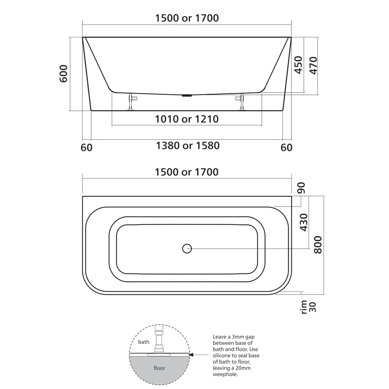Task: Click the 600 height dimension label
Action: click(x=64, y=74)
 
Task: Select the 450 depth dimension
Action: click(x=298, y=65)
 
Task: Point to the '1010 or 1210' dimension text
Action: click(x=187, y=119)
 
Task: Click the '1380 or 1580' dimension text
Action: click(x=187, y=146)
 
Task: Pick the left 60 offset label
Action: click(x=87, y=147)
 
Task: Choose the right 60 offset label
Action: click(x=286, y=147)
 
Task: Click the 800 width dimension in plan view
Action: click(x=318, y=244)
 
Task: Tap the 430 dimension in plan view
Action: click(x=303, y=222)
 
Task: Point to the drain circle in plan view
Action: click(x=187, y=248)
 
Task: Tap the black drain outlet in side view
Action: click(x=187, y=95)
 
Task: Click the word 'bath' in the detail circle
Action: click(x=144, y=342)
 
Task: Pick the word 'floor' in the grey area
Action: click(x=159, y=368)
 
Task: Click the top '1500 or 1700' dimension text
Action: click(x=187, y=18)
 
